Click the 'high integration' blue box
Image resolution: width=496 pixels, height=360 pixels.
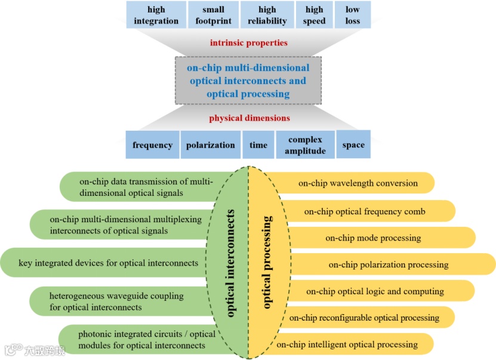click(x=156, y=15)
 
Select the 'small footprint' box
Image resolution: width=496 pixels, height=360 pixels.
click(x=213, y=15)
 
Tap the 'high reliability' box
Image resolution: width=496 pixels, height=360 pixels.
click(x=267, y=15)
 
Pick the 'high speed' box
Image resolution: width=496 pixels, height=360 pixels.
click(x=315, y=15)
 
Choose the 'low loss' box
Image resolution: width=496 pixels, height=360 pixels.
click(x=352, y=15)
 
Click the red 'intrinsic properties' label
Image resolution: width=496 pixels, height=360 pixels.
click(x=248, y=43)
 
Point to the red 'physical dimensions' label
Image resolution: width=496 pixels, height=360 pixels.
click(x=249, y=118)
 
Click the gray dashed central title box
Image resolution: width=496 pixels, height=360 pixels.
click(x=248, y=81)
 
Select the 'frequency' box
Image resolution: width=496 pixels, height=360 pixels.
click(x=152, y=145)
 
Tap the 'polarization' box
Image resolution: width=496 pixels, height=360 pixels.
click(x=210, y=145)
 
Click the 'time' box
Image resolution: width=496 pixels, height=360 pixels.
click(x=258, y=145)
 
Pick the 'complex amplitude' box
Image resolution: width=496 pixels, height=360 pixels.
click(x=305, y=145)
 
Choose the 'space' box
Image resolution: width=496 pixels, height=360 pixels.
click(x=353, y=145)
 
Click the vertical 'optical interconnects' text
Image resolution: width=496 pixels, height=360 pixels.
click(x=231, y=263)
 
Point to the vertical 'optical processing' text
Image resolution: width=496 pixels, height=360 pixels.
click(x=267, y=263)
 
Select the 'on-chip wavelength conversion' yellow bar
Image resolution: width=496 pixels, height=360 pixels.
click(x=358, y=183)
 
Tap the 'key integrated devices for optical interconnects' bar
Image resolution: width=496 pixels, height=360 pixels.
click(x=108, y=263)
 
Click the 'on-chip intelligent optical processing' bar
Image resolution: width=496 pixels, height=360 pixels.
click(x=355, y=344)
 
